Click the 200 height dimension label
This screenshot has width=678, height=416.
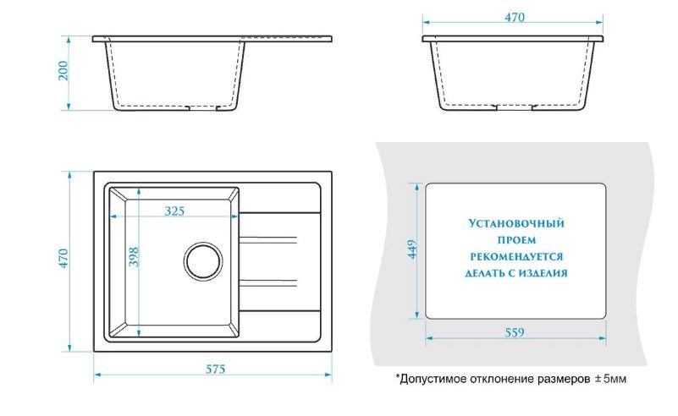pyautogui.click(x=63, y=70)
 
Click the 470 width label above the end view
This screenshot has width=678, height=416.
pyautogui.click(x=515, y=17)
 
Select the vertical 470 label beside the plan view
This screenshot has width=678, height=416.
pyautogui.click(x=63, y=259)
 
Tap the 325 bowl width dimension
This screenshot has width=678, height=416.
pyautogui.click(x=174, y=211)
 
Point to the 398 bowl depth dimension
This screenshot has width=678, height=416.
pyautogui.click(x=134, y=256)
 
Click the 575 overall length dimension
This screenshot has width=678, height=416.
pyautogui.click(x=215, y=369)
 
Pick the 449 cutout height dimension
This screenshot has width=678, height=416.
pyautogui.click(x=411, y=249)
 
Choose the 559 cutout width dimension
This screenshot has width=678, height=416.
pyautogui.click(x=515, y=332)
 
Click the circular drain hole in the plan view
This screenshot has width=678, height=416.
pyautogui.click(x=203, y=261)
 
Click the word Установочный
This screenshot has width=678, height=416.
pyautogui.click(x=516, y=223)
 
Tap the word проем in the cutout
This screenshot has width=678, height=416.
pyautogui.click(x=516, y=240)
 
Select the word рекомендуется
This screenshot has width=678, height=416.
pyautogui.click(x=516, y=256)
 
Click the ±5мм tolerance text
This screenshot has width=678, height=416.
pyautogui.click(x=610, y=379)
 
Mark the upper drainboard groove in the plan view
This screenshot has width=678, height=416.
pyautogui.click(x=268, y=240)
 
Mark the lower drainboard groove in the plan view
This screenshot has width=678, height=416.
pyautogui.click(x=268, y=283)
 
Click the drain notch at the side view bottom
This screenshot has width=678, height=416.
pyautogui.click(x=203, y=107)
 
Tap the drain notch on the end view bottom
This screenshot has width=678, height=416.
pyautogui.click(x=515, y=107)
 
